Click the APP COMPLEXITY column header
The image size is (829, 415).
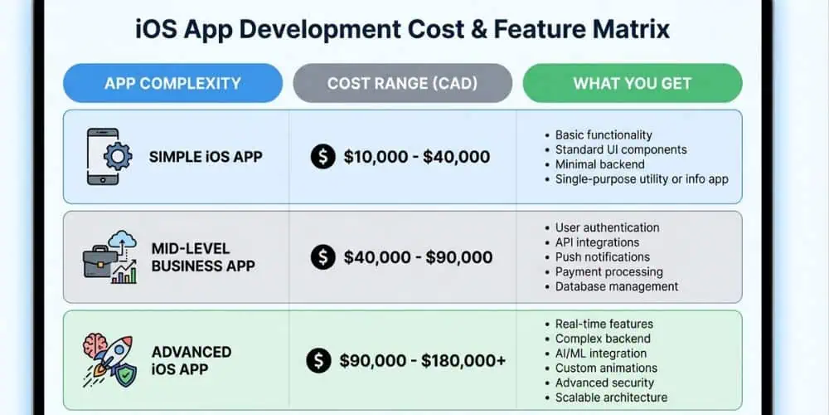coord(172,83)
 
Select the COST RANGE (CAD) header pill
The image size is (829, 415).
coord(402,83)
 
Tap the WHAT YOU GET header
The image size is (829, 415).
coord(632,83)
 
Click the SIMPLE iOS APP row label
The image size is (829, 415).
coord(206,157)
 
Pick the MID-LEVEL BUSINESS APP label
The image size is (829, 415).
coord(203,257)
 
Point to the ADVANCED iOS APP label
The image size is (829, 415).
coord(191,360)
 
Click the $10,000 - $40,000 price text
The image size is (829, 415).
coord(416,157)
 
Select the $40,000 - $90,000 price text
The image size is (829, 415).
coord(418,257)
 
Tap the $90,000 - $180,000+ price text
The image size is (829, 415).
coord(423,360)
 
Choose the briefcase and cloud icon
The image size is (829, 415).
coord(111,257)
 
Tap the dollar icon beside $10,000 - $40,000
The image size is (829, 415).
coord(322,157)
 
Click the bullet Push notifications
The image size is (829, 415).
coord(602,256)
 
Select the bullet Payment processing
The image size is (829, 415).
coord(608,271)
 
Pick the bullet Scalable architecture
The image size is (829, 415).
coord(611,398)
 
